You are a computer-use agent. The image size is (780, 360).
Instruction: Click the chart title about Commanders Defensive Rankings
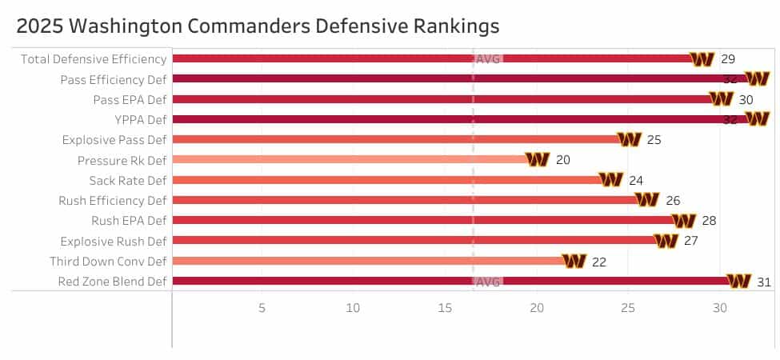tap(258, 26)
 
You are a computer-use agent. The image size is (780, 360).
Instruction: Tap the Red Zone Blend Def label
tap(112, 282)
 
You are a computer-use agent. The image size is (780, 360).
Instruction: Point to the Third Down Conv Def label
tap(108, 262)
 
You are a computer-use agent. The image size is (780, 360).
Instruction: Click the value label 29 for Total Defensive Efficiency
tap(727, 59)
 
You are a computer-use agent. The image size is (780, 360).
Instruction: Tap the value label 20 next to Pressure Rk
tap(562, 160)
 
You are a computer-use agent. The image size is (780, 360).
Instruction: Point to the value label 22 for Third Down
tap(599, 262)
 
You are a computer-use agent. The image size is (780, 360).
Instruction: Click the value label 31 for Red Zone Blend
tap(763, 282)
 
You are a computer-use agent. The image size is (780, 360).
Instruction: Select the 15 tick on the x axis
tap(445, 308)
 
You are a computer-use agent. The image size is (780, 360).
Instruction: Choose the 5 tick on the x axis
tap(262, 308)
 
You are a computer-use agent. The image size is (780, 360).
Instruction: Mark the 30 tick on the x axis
tap(720, 308)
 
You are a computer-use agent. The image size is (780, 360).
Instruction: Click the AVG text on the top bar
tap(487, 59)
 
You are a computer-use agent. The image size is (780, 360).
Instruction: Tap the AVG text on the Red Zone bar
tap(487, 282)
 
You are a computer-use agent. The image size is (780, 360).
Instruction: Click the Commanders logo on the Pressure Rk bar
tap(538, 160)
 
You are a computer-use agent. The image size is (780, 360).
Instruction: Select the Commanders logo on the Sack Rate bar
tap(611, 180)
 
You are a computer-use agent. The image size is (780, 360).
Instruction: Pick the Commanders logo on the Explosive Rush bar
tap(666, 241)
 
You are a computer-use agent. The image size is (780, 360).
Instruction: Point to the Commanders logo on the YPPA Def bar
tap(757, 119)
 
